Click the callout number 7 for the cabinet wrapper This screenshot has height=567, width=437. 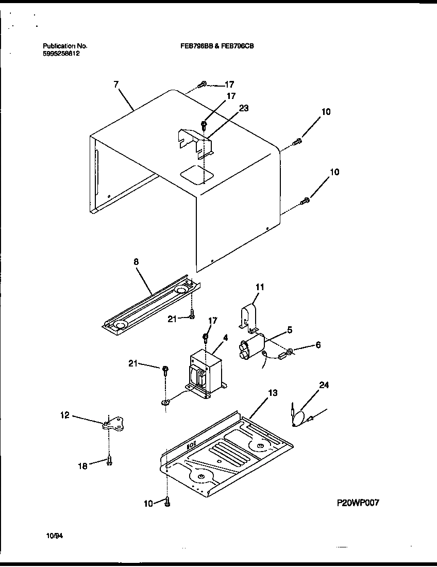click(115, 84)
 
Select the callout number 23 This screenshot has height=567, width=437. click(244, 108)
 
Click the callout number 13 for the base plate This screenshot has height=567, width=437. click(273, 393)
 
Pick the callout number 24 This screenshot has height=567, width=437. click(324, 385)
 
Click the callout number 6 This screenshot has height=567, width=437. click(317, 345)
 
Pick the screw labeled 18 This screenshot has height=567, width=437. click(109, 461)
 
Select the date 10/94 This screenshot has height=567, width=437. click(54, 536)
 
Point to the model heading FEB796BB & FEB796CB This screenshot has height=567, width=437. click(216, 46)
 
